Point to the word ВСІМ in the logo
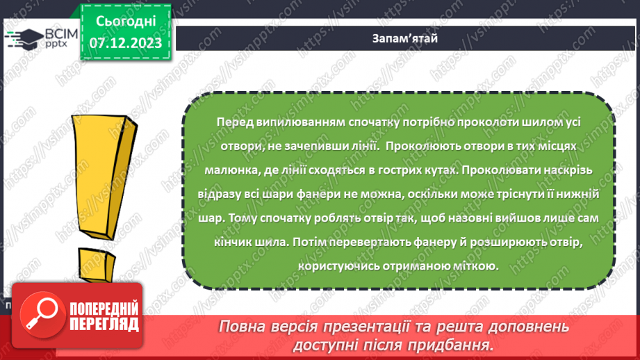click(x=51, y=33)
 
